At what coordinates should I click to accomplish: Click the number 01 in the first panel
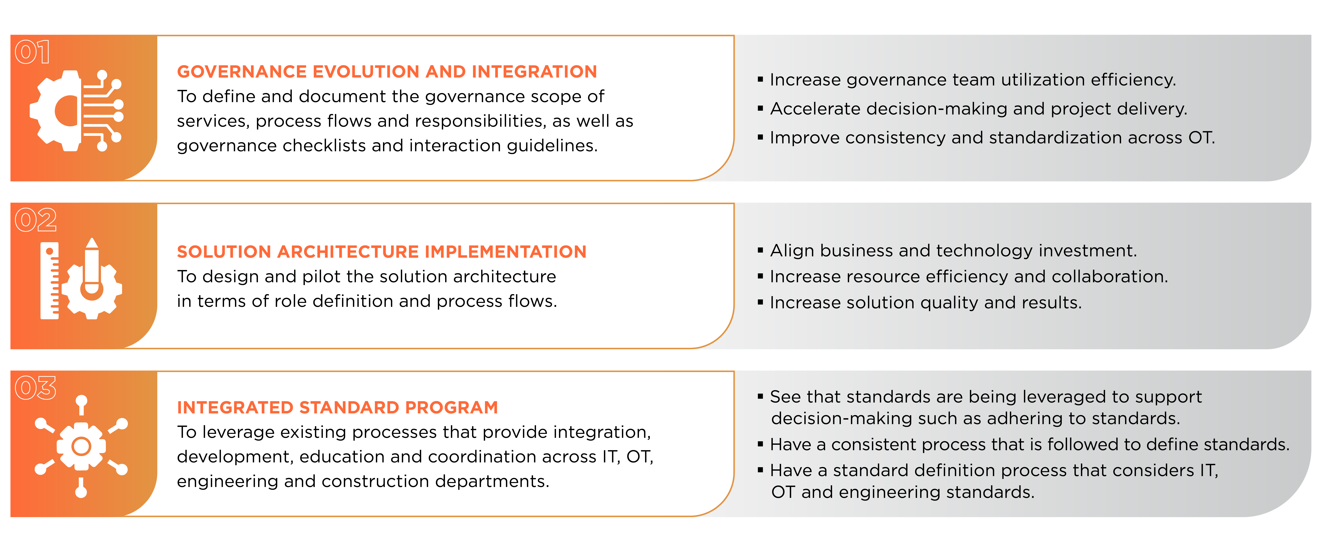click(32, 52)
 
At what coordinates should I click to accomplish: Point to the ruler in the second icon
click(50, 281)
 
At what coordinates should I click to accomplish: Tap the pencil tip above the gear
click(92, 243)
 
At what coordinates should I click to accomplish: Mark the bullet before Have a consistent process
click(761, 444)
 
